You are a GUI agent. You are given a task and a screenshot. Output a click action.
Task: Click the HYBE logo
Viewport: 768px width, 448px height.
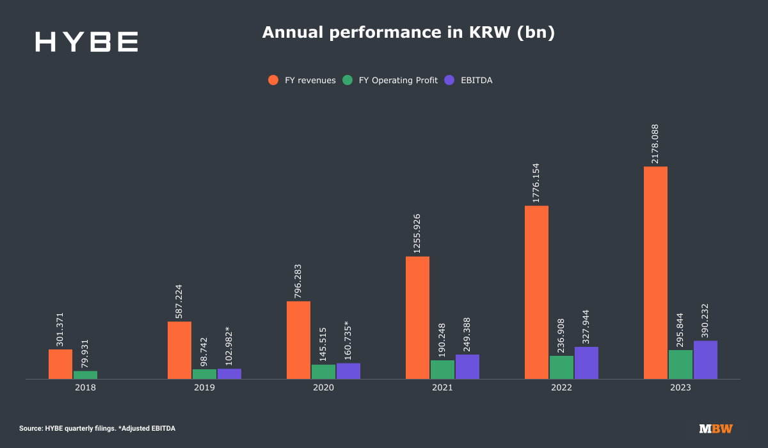pyautogui.click(x=86, y=42)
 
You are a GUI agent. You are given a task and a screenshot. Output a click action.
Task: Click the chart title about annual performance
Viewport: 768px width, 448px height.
pyautogui.click(x=408, y=33)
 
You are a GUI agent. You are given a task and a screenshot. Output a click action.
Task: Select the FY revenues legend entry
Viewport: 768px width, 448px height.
pyautogui.click(x=302, y=80)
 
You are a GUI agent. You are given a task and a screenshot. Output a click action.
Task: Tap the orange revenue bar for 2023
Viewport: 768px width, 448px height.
pyautogui.click(x=655, y=273)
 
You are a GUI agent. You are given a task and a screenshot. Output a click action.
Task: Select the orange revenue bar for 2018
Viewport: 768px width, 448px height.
pyautogui.click(x=60, y=364)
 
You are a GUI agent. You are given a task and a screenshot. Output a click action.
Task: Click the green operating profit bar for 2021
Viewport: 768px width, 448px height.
pyautogui.click(x=442, y=369)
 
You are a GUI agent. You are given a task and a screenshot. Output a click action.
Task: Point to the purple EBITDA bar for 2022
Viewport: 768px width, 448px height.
pyautogui.click(x=586, y=363)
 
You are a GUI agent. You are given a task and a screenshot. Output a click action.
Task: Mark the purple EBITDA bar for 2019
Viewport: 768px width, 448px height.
pyautogui.click(x=229, y=374)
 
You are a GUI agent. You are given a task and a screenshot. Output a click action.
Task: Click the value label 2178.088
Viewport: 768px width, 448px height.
pyautogui.click(x=655, y=143)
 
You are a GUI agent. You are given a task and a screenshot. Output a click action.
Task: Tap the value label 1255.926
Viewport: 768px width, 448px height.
pyautogui.click(x=417, y=234)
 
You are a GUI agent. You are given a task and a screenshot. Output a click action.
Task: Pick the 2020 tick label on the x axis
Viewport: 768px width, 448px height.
pyautogui.click(x=323, y=388)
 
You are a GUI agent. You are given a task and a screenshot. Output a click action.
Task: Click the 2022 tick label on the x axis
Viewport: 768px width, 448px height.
pyautogui.click(x=561, y=388)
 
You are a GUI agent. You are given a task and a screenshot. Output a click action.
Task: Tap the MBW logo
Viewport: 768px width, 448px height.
pyautogui.click(x=716, y=429)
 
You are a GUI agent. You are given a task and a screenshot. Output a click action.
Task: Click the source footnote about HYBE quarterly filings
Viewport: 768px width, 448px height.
pyautogui.click(x=97, y=428)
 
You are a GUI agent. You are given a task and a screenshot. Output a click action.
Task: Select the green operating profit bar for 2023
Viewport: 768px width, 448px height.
pyautogui.click(x=680, y=364)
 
